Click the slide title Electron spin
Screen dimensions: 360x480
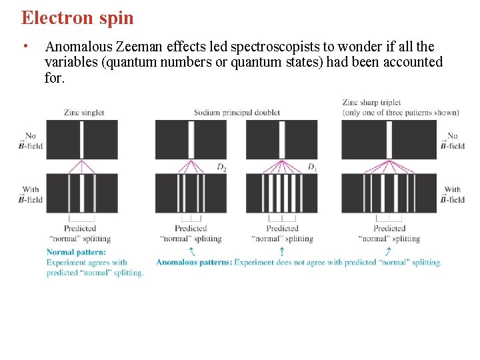coord(77,17)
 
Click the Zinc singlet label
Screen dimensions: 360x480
coord(84,112)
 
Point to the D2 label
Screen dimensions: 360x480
coord(221,167)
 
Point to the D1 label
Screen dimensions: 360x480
coord(312,167)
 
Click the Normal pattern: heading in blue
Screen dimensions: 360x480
coord(76,253)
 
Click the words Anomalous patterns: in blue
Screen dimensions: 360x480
coord(194,262)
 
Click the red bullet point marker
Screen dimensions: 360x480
coord(24,46)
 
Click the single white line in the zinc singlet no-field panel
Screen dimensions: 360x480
coord(82,139)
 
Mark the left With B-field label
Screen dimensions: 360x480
coord(31,195)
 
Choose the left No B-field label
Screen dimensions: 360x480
coord(31,141)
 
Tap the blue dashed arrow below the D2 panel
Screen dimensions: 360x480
coord(191,251)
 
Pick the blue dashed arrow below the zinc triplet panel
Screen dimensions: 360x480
coord(389,251)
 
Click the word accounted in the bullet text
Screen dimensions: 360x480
coord(411,62)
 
